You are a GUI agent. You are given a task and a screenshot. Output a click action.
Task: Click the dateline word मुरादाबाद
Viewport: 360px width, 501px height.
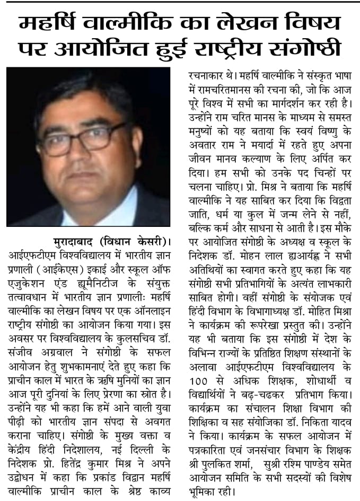(79, 242)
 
